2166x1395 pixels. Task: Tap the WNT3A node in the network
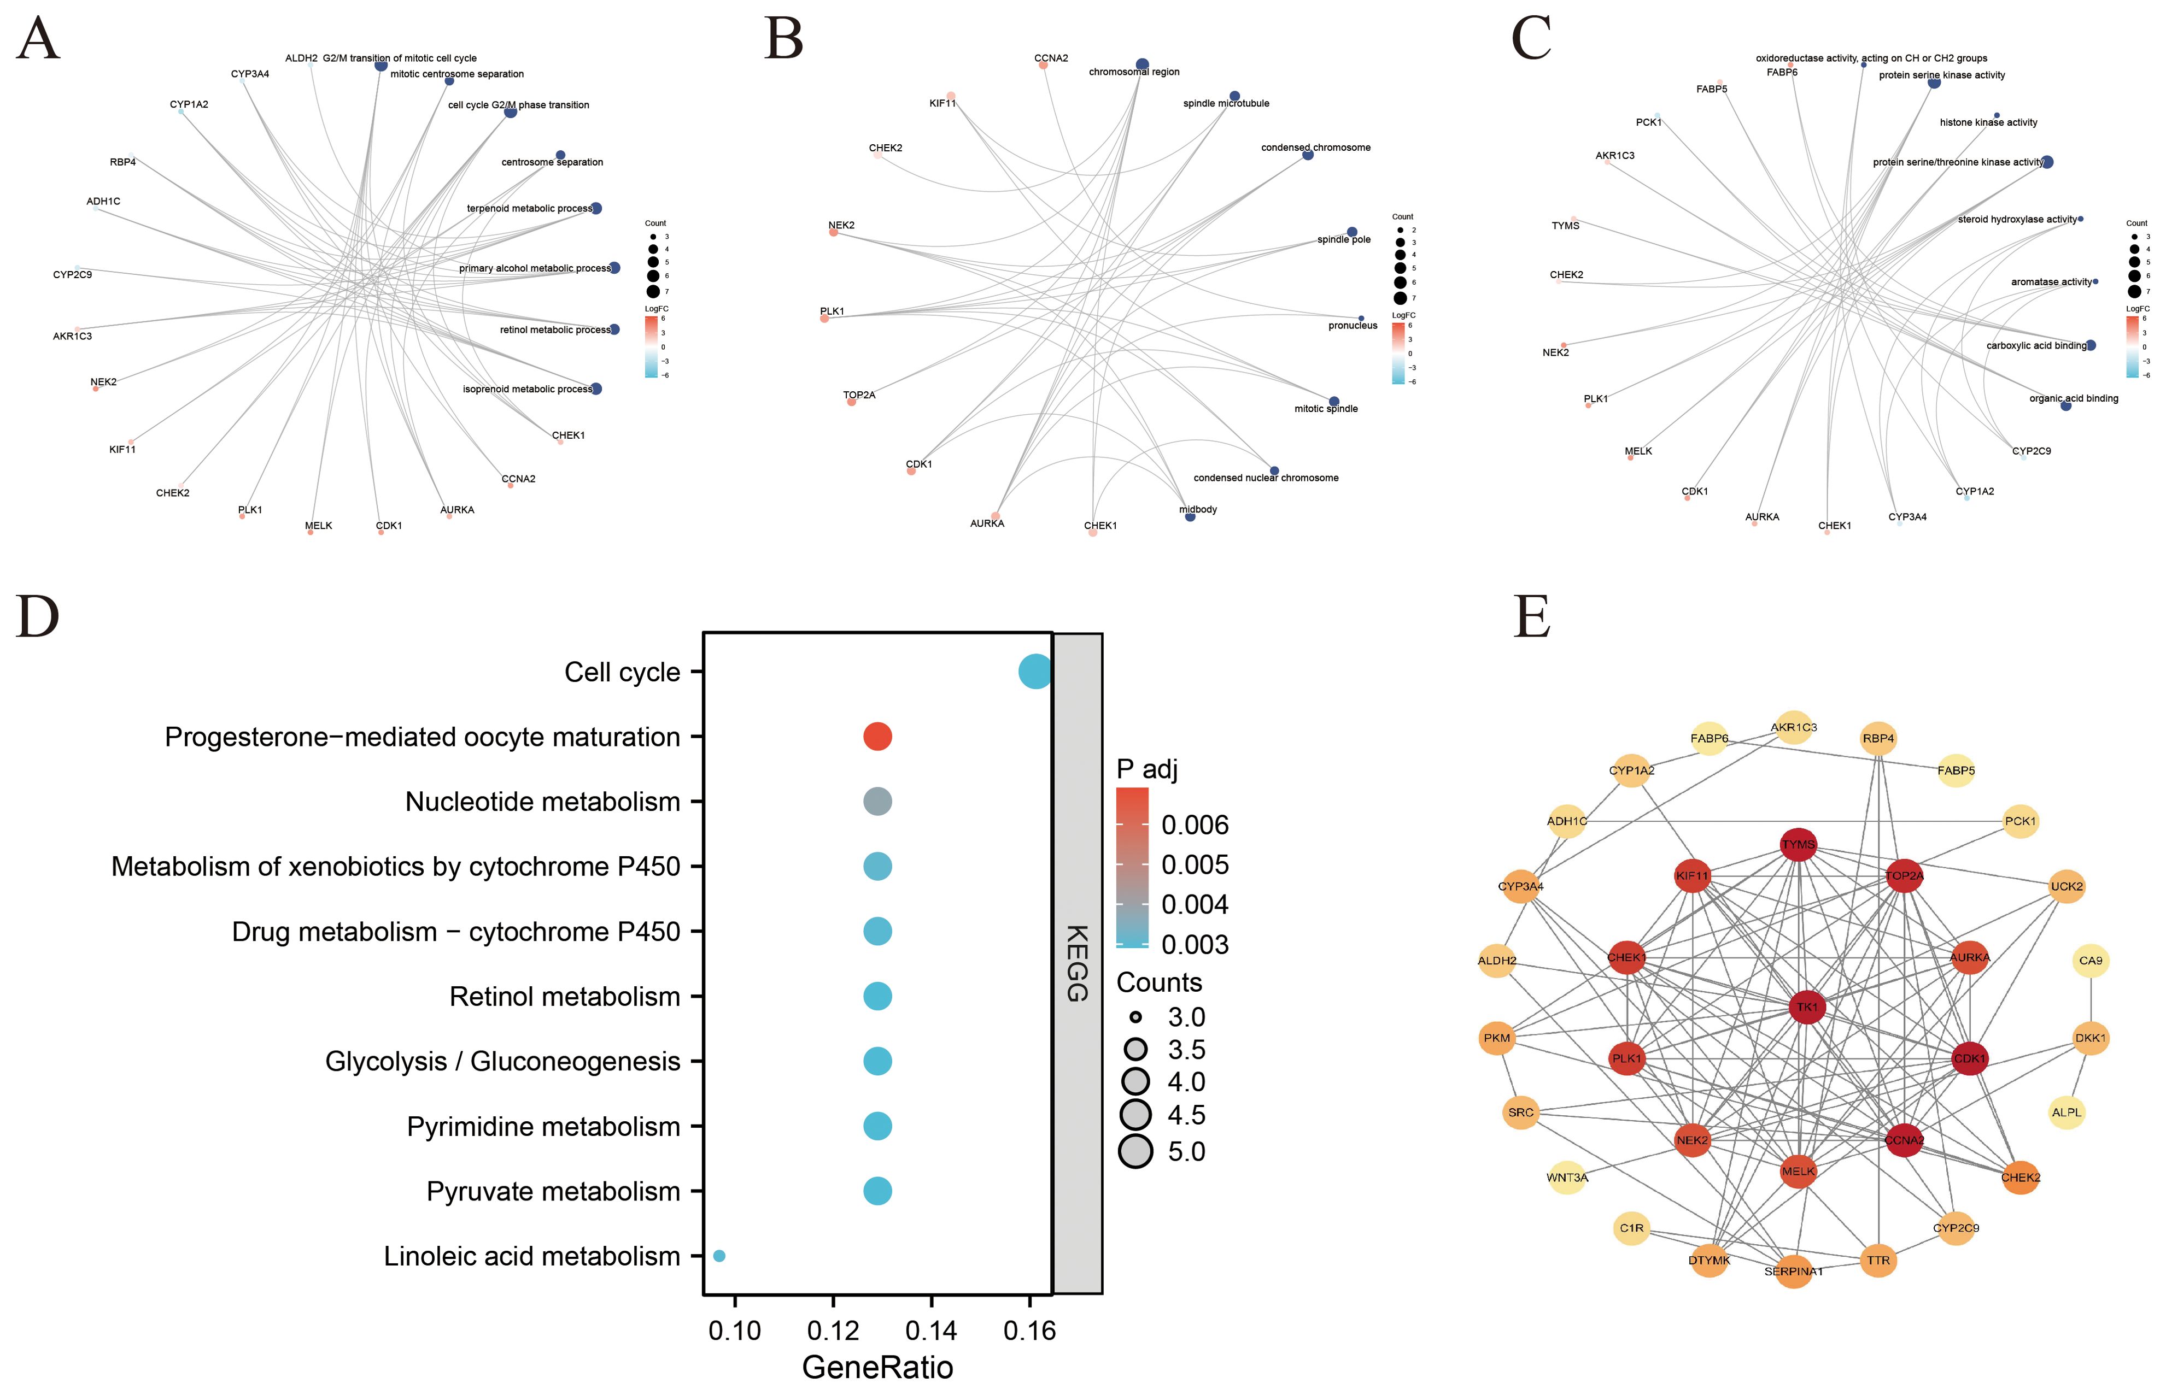tap(1567, 1178)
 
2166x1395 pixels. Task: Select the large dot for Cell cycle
tap(1035, 672)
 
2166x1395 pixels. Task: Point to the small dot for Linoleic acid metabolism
tap(719, 1256)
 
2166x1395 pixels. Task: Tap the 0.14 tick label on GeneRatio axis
tap(930, 1331)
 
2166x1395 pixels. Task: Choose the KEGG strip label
tap(1076, 963)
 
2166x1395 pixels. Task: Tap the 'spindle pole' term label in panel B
tap(1343, 240)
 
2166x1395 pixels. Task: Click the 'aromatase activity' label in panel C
tap(2051, 282)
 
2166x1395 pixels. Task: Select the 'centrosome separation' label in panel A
tap(552, 162)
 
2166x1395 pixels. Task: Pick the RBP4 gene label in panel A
tap(122, 162)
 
